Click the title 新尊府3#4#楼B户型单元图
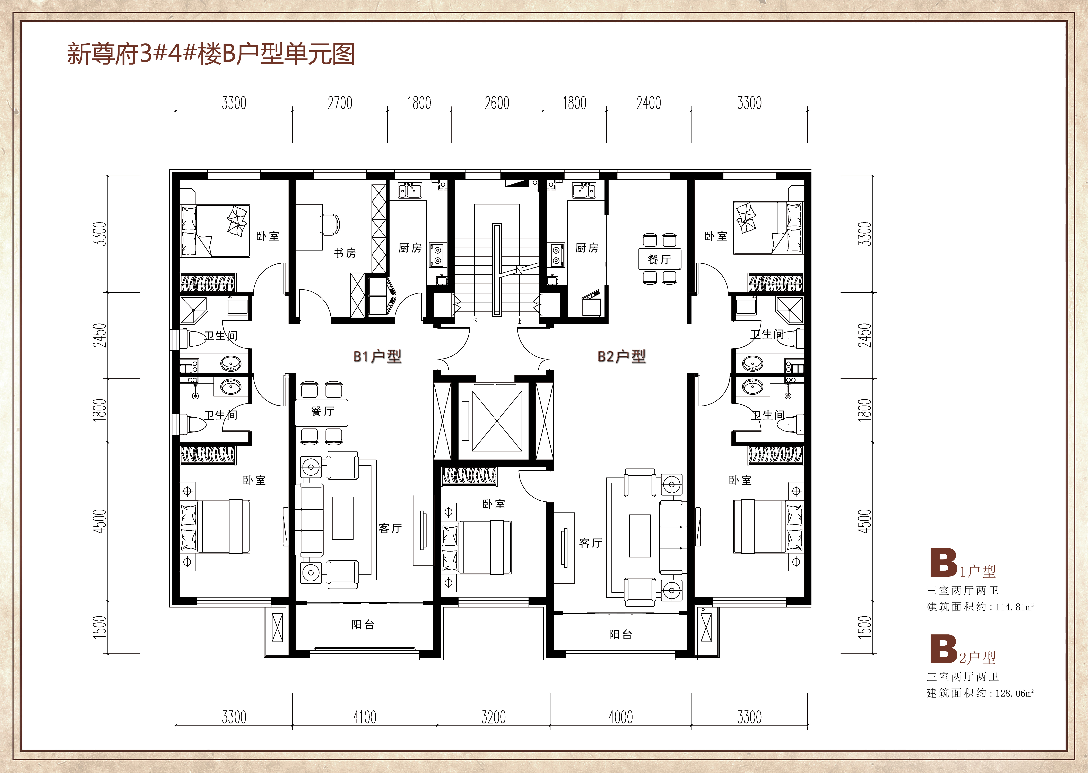pyautogui.click(x=211, y=54)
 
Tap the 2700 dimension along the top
pyautogui.click(x=340, y=103)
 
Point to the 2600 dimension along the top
pyautogui.click(x=497, y=103)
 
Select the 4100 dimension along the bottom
pyautogui.click(x=364, y=717)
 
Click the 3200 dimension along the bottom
pyautogui.click(x=494, y=717)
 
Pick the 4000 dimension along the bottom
pyautogui.click(x=621, y=717)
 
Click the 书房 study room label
pyautogui.click(x=345, y=253)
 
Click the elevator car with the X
pyautogui.click(x=497, y=421)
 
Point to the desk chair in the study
pyautogui.click(x=330, y=224)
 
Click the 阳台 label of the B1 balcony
pyautogui.click(x=363, y=625)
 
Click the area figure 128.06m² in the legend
pyautogui.click(x=1015, y=693)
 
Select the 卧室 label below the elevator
pyautogui.click(x=494, y=504)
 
